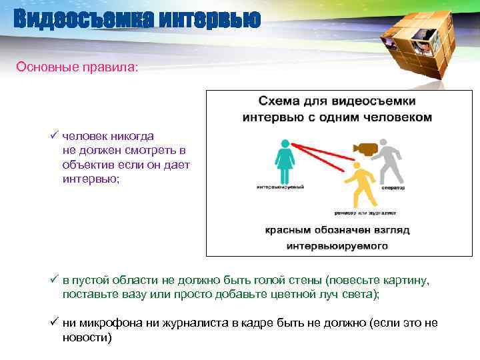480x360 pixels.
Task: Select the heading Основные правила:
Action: (x=77, y=67)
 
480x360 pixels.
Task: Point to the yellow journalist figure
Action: (x=361, y=186)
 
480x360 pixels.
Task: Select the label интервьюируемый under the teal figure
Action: (x=281, y=187)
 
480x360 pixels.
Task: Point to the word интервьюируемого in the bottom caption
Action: (x=337, y=245)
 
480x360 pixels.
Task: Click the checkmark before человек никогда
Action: (x=53, y=136)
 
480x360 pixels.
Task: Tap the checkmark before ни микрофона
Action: (x=53, y=323)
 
